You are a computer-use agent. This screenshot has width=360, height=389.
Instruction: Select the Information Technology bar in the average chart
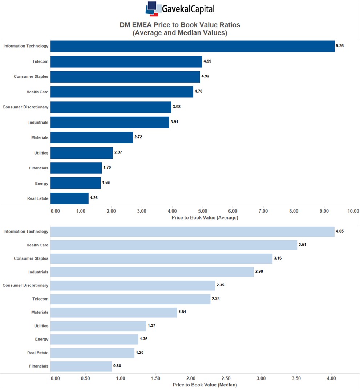pos(193,46)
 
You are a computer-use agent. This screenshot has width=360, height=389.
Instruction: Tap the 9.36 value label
pos(340,46)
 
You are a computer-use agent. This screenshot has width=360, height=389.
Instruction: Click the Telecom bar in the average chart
pos(126,61)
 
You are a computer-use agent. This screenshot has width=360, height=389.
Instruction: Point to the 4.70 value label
pos(198,91)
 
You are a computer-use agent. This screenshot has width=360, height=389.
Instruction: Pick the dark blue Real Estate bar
pos(69,198)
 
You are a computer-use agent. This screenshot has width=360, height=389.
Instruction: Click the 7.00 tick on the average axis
pos(263,211)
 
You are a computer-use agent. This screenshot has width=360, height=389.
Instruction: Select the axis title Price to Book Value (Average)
pos(205,218)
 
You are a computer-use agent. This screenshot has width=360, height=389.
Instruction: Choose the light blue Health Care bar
pos(174,245)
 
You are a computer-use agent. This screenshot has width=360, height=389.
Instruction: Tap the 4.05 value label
pos(340,231)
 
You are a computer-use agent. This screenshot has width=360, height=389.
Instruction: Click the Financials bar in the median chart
pos(81,366)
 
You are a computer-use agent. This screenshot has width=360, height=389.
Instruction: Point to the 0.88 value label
pos(117,366)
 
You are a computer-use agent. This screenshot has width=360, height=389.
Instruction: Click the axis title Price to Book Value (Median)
pos(205,385)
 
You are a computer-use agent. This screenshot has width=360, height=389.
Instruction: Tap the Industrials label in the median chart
pos(38,272)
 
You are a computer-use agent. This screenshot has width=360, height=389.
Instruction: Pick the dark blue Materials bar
pos(92,138)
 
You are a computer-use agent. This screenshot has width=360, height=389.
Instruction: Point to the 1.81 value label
pos(182,312)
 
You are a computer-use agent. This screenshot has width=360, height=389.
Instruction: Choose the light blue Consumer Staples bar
pos(161,258)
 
